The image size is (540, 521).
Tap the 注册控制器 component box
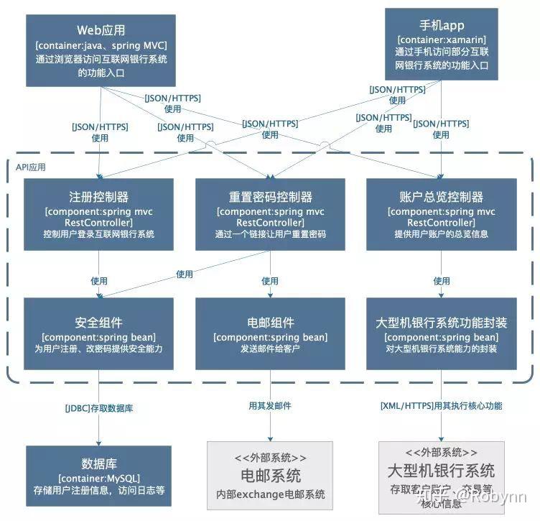(x=98, y=214)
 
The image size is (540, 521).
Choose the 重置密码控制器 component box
(x=270, y=214)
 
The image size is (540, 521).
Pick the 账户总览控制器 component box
(x=441, y=214)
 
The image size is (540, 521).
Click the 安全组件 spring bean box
(x=98, y=335)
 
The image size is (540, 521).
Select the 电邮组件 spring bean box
(x=270, y=335)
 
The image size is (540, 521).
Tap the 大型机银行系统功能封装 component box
(x=441, y=335)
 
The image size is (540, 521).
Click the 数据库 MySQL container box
(x=98, y=475)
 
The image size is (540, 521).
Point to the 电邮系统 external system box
(x=270, y=474)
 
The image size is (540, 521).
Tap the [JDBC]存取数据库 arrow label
(x=98, y=408)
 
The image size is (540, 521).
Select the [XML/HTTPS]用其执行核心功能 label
(x=441, y=406)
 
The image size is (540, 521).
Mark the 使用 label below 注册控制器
(x=98, y=281)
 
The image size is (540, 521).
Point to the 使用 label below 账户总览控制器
(x=441, y=281)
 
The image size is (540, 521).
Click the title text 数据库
(x=98, y=462)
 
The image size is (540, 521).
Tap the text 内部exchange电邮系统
(x=270, y=494)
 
